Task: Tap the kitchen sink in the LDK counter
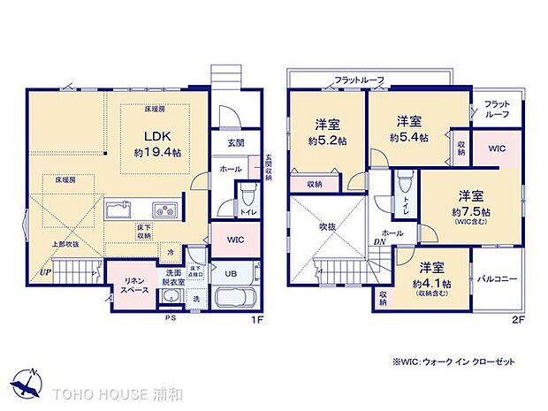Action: click(119, 209)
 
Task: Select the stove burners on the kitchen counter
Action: click(164, 209)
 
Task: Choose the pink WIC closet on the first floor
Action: click(234, 240)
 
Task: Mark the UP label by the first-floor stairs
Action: click(44, 272)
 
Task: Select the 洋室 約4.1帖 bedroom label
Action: click(432, 275)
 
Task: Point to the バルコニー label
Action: click(500, 279)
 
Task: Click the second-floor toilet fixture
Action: click(402, 185)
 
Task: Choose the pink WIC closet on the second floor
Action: click(499, 148)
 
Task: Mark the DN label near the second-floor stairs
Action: click(377, 242)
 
